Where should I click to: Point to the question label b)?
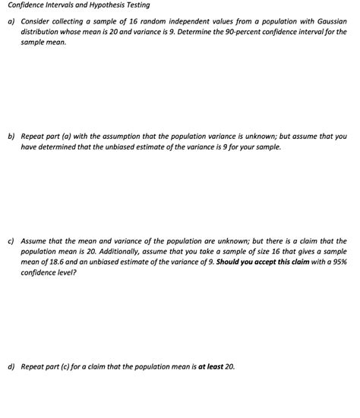11,137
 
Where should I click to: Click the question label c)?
11,240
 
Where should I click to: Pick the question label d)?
11,366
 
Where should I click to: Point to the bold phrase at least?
209,366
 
